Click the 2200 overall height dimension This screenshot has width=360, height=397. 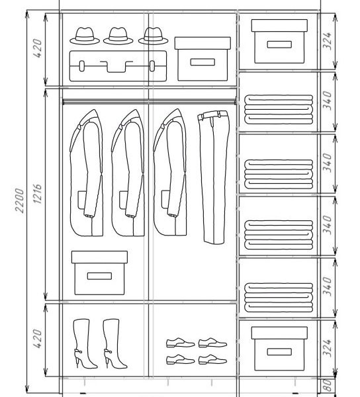[x=19, y=200]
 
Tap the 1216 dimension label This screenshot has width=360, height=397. [x=37, y=194]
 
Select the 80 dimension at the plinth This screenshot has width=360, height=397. [x=328, y=385]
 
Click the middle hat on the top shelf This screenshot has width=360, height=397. [x=118, y=36]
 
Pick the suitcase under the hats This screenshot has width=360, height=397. [x=118, y=66]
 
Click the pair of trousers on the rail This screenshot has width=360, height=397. [x=213, y=177]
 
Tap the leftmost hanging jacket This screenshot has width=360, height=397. [x=86, y=173]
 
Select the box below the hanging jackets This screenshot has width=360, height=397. [x=99, y=273]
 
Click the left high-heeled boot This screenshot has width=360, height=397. [x=85, y=343]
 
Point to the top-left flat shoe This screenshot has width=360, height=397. [x=180, y=343]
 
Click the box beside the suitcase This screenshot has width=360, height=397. [x=202, y=59]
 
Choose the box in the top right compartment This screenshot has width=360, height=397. [x=279, y=41]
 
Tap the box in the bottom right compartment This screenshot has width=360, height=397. [x=279, y=349]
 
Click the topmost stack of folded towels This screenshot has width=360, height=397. [x=279, y=109]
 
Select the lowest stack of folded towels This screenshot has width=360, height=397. [x=279, y=297]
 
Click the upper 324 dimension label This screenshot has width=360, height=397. [x=328, y=41]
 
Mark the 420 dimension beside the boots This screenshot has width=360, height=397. [x=37, y=339]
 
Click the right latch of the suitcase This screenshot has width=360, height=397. [x=152, y=66]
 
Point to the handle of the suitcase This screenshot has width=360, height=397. [x=116, y=66]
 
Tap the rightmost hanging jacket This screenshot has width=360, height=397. [x=170, y=172]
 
